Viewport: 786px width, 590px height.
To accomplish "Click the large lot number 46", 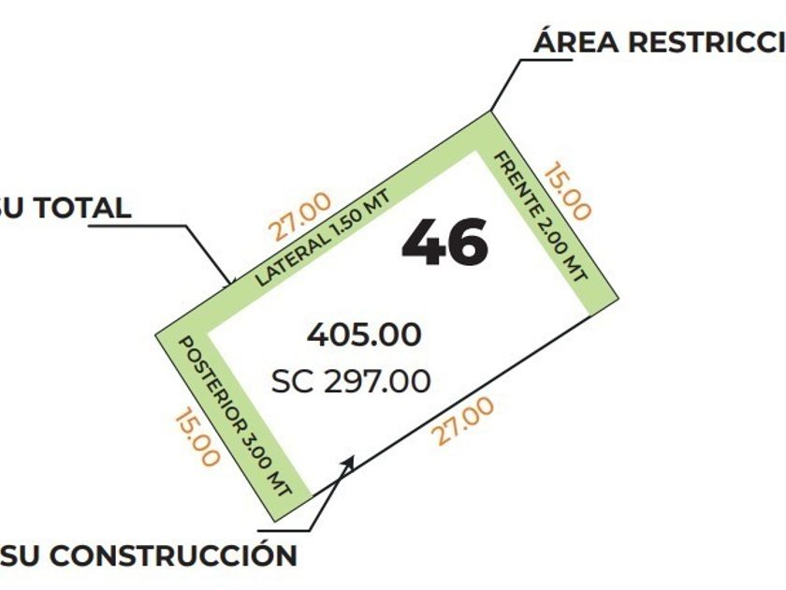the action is tap(445, 243).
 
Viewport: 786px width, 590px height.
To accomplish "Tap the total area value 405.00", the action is tap(364, 334).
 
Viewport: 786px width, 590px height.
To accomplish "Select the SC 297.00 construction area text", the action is tap(351, 381).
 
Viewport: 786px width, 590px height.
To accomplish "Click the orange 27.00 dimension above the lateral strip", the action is tap(300, 216).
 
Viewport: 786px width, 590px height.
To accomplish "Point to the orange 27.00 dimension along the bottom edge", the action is tap(462, 423).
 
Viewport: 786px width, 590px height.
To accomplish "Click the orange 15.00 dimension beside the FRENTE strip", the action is tap(568, 192).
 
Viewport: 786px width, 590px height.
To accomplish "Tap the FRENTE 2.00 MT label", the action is tap(540, 215).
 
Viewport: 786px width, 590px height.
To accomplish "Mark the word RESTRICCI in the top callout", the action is tap(704, 42).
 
